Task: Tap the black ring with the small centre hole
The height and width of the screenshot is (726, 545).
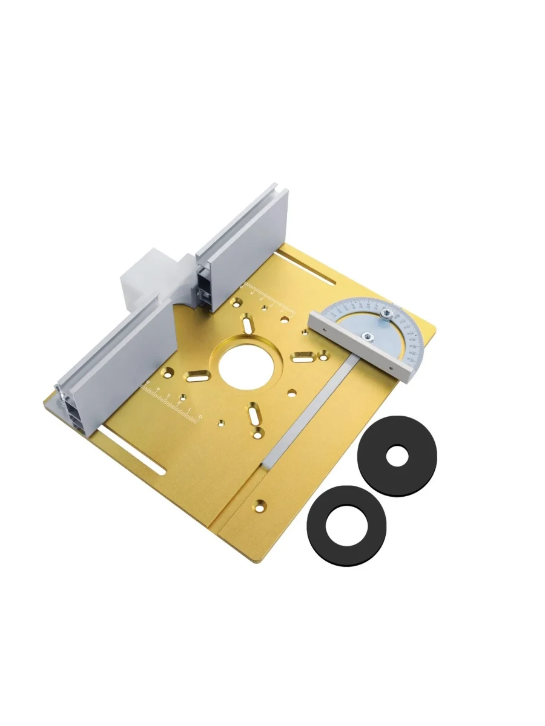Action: pos(397,456)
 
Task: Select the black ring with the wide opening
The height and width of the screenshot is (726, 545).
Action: pos(346,525)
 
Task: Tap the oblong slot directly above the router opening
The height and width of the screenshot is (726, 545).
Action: pos(248,322)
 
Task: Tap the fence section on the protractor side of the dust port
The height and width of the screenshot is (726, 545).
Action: pos(242,242)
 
